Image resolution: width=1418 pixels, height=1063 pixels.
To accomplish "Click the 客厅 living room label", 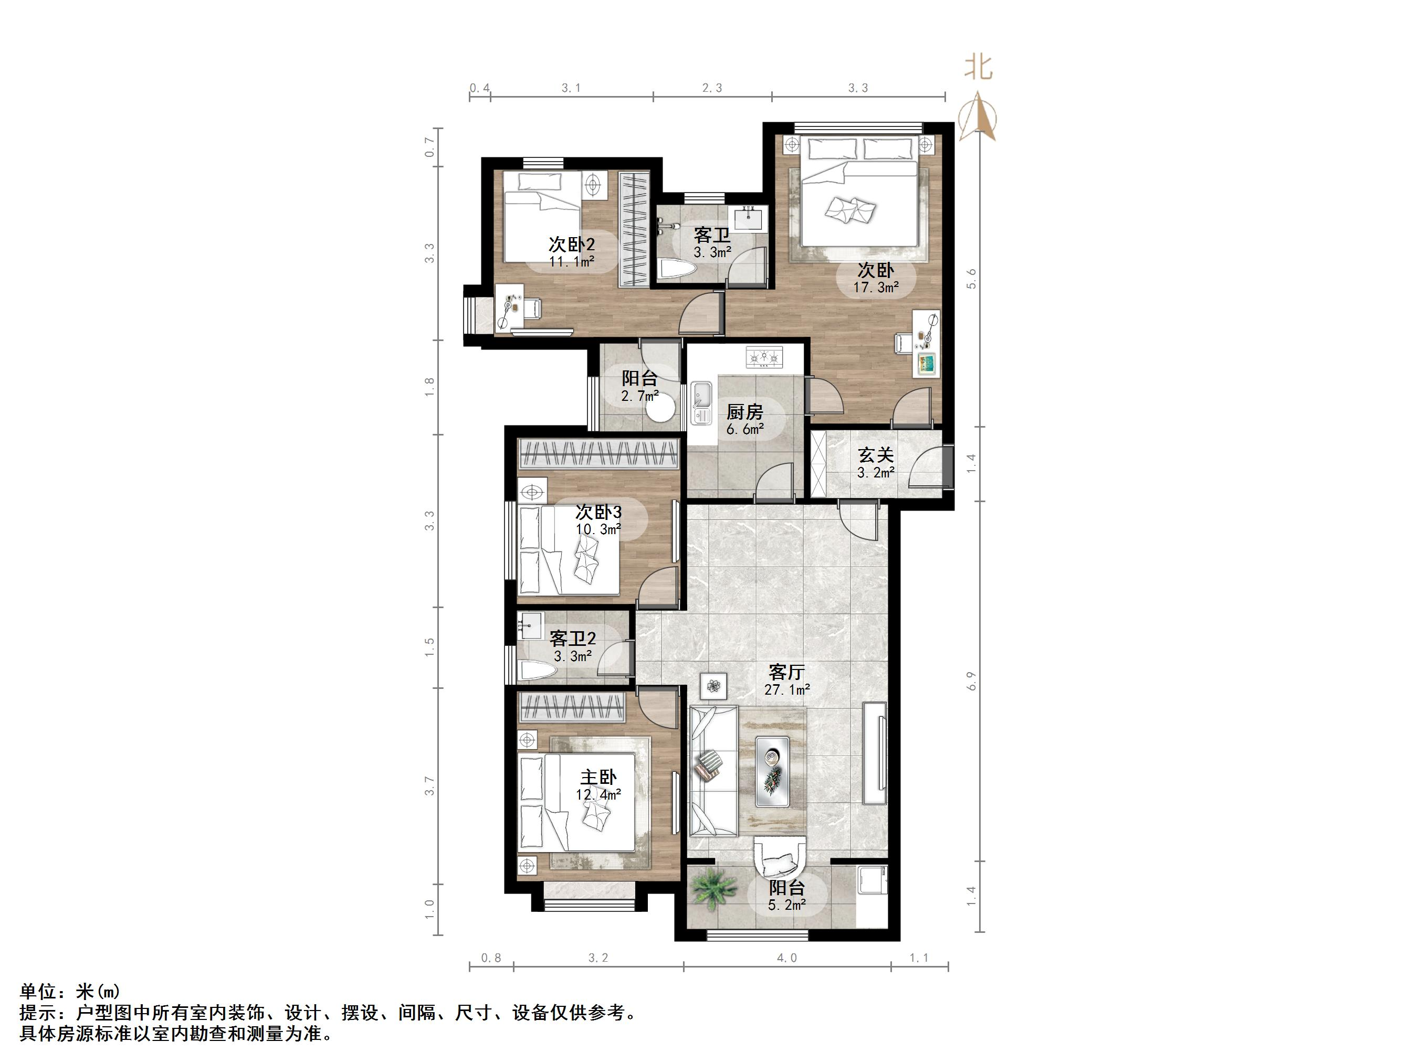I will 786,672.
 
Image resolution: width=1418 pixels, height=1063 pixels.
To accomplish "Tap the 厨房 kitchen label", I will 744,411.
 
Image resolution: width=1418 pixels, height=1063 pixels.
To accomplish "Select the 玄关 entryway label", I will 876,455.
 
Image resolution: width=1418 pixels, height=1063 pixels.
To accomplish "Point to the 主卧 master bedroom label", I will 598,777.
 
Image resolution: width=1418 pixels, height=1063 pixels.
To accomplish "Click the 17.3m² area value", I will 875,288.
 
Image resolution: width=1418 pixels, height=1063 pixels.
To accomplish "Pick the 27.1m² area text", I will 786,690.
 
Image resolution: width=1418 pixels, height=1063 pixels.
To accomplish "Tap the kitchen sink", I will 702,403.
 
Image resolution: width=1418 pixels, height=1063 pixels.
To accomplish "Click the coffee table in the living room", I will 772,771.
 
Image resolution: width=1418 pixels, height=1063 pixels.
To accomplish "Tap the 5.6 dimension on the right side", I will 972,278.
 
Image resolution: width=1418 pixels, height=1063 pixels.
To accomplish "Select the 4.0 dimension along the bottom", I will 786,958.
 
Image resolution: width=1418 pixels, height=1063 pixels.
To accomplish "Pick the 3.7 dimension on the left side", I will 430,786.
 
